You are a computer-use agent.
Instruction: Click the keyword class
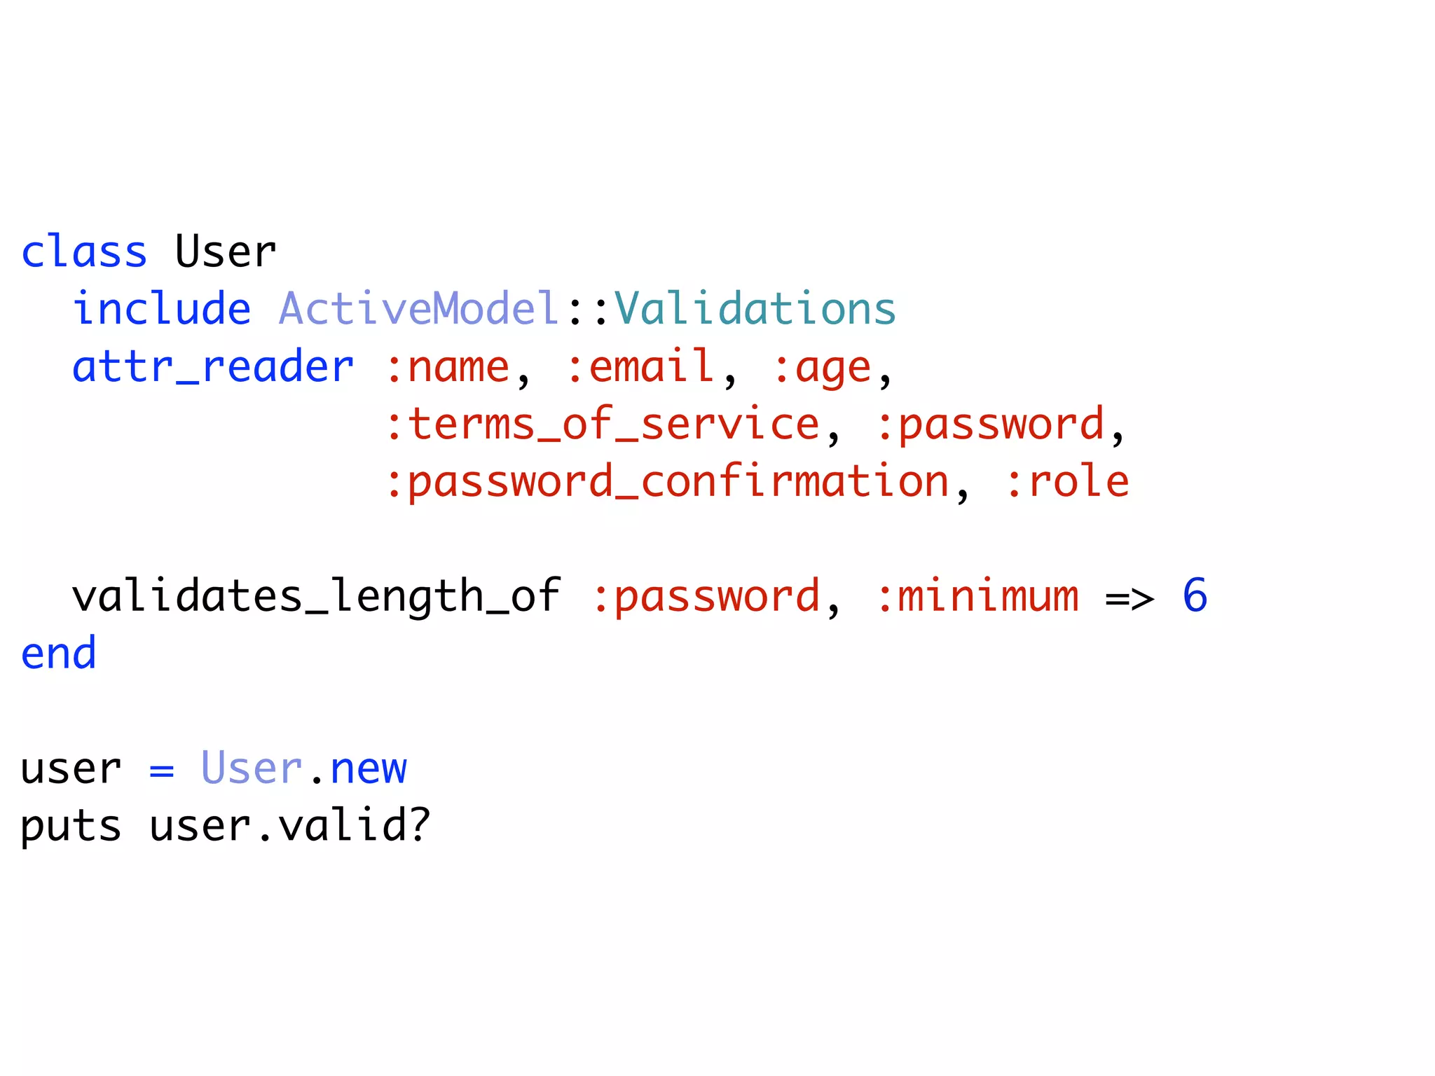[84, 252]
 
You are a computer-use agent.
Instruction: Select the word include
[162, 309]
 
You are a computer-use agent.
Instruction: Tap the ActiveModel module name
[418, 309]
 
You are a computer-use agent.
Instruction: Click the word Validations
[755, 309]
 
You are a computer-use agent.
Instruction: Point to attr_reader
[213, 367]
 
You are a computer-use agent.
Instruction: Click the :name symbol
[448, 367]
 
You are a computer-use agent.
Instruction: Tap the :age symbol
[821, 368]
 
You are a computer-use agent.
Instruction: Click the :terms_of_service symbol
[603, 425]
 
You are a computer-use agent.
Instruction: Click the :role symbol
[1067, 483]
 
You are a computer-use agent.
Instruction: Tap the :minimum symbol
[978, 597]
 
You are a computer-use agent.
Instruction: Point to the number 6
[1195, 596]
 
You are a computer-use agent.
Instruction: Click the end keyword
[59, 654]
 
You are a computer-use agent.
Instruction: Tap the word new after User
[369, 769]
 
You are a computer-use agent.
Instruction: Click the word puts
[71, 827]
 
